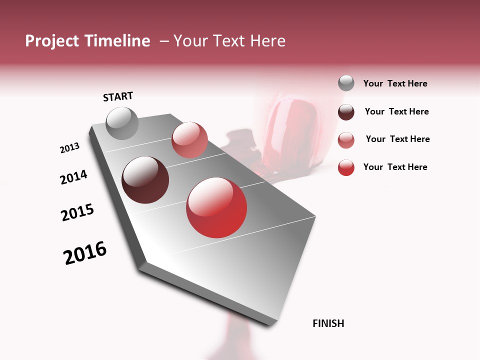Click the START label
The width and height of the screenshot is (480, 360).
(118, 96)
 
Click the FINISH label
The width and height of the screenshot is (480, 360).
(328, 323)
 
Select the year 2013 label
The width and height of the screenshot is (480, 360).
(69, 148)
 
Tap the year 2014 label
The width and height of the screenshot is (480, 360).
(73, 177)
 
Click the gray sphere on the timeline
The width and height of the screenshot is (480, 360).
(122, 123)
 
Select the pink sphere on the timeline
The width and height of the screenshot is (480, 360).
(189, 140)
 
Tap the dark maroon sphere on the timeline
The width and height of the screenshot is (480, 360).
(145, 180)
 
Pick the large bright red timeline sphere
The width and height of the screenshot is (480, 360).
(216, 207)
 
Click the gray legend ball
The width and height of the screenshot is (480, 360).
(346, 83)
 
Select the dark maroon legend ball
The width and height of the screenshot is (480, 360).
(346, 112)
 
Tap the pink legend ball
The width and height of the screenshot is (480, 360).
(346, 140)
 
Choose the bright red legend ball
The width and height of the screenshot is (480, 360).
(346, 167)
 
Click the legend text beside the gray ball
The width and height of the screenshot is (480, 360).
(395, 83)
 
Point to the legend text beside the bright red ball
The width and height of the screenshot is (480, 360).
(395, 167)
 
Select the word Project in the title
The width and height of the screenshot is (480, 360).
(52, 41)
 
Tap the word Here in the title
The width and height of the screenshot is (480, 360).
(267, 41)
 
